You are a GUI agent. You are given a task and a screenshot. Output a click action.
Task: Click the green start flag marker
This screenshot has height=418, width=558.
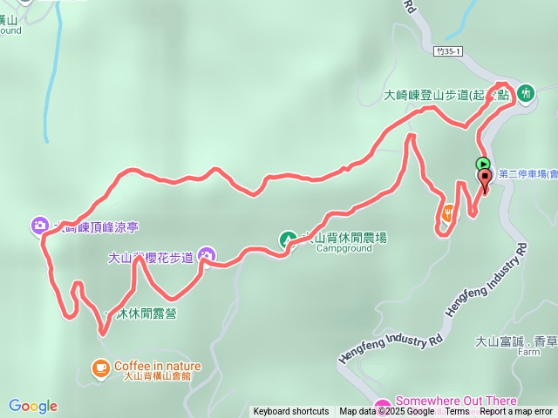(483, 163)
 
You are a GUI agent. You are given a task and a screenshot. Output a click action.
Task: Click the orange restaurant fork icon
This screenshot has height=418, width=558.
(448, 212)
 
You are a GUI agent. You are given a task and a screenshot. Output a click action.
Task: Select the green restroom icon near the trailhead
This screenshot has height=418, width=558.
(526, 93)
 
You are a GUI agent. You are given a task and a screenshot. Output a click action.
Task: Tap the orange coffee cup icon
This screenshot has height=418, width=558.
(101, 367)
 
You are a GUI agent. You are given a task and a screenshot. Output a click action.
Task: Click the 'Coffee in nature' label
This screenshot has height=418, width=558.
(158, 366)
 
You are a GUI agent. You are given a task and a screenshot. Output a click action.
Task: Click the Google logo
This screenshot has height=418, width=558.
(33, 406)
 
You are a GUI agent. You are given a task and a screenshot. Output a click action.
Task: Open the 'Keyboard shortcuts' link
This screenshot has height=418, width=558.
(291, 412)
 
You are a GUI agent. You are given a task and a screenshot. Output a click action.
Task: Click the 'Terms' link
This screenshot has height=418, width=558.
(457, 412)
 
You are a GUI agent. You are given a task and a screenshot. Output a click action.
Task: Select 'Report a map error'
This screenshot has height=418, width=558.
(516, 412)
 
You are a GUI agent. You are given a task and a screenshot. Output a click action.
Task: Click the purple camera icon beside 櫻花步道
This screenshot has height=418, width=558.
(207, 255)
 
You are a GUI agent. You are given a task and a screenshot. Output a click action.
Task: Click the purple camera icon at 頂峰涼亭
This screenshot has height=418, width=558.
(40, 226)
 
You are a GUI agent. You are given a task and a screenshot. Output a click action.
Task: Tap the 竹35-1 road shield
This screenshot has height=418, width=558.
(448, 53)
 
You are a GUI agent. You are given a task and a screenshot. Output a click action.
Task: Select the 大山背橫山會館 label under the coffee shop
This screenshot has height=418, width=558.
(157, 377)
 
